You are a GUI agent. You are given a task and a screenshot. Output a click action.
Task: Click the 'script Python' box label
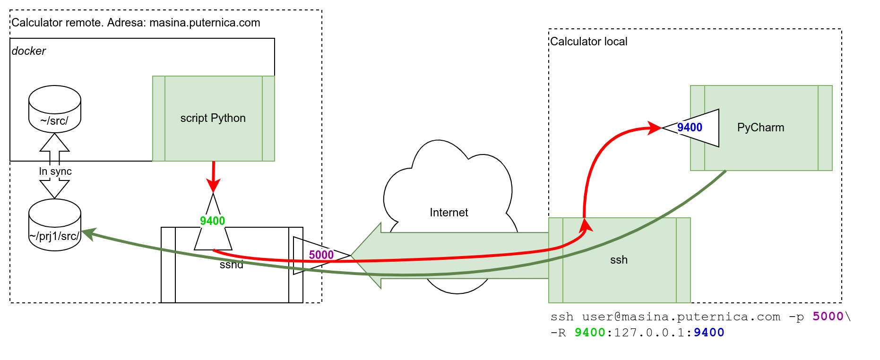pos(213,118)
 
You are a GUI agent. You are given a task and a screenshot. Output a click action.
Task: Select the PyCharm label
pos(760,128)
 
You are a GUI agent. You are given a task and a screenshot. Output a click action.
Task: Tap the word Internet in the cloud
pos(449,213)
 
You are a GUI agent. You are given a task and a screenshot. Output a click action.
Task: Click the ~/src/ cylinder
pos(55,110)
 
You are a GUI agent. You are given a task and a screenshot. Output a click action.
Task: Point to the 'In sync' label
pos(55,171)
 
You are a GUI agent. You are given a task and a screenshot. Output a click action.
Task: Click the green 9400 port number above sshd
pos(212,221)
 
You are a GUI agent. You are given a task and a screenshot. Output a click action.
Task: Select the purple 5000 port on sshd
pos(321,255)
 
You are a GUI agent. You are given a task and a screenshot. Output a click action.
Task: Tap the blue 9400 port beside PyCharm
pos(690,128)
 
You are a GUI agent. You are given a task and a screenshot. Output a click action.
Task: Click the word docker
pos(29,51)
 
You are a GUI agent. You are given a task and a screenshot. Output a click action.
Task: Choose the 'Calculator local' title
pos(588,42)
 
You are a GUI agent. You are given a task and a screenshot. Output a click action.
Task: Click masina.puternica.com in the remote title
pos(205,23)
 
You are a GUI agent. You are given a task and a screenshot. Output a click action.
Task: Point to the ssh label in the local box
pos(619,260)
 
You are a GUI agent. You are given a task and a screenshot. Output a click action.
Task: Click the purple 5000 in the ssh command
pos(828,317)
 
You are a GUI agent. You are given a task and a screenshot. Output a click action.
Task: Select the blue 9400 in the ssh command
pos(709,333)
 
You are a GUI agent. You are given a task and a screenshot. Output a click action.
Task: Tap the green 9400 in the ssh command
pos(590,333)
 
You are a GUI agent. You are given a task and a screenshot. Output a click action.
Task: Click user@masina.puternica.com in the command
pos(681,317)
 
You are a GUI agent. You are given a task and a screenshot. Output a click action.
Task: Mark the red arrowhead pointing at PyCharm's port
pos(655,128)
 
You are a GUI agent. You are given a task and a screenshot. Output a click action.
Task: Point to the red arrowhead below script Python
pos(213,185)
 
